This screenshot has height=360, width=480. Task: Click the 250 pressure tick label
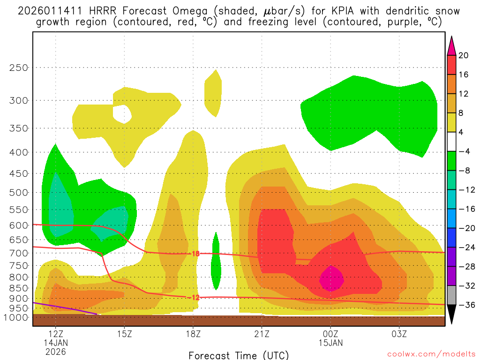click(19, 67)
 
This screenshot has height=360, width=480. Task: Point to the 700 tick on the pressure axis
click(19, 253)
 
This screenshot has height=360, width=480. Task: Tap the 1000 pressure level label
click(17, 317)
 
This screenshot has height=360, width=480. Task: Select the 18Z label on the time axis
click(193, 334)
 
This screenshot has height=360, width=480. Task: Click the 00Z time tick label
click(330, 334)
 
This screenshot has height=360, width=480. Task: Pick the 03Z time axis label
click(399, 334)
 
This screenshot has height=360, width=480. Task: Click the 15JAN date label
click(330, 343)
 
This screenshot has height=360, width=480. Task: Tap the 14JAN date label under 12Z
click(56, 343)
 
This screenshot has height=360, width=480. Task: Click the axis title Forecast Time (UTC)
click(239, 355)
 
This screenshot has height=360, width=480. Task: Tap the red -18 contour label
click(196, 254)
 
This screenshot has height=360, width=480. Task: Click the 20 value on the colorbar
click(463, 55)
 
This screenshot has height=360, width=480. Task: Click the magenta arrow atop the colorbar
click(451, 45)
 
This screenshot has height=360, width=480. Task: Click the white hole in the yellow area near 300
click(123, 113)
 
